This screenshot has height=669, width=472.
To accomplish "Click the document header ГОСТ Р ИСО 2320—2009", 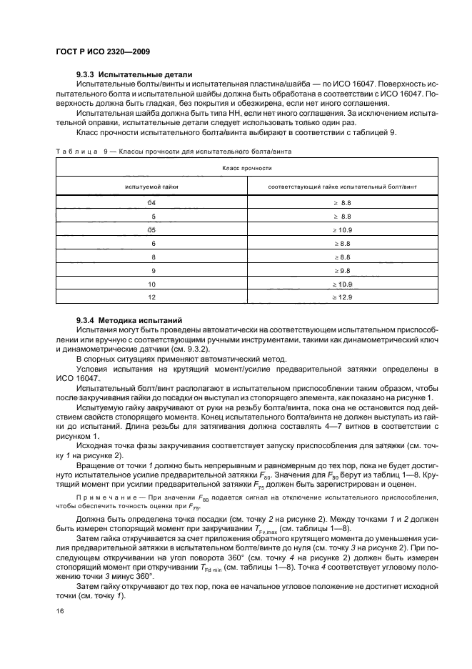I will pos(102,51).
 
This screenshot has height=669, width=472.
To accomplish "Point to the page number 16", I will pos(60,611).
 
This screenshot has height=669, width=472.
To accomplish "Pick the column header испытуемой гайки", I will pos(151,187).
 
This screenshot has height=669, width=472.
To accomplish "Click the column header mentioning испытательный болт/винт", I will pos(342,187).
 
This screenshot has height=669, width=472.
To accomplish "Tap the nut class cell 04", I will pos(151,204).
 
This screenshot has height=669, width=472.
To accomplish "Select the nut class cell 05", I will pos(151,229).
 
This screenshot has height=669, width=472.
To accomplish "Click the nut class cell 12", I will pos(151,297).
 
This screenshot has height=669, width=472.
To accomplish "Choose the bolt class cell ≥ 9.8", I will pos(342,270).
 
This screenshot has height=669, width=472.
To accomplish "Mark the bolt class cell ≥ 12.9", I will pos(342,297).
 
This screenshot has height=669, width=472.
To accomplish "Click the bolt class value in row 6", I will pos(342,243).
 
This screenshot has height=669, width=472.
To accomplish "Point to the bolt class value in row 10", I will pos(342,284).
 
